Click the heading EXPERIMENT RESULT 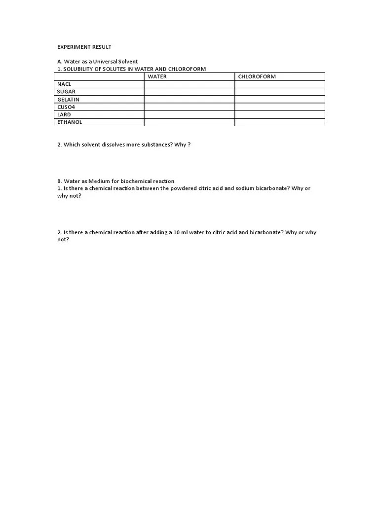(x=84, y=47)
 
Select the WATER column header (x=157, y=76)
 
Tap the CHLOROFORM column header (x=257, y=76)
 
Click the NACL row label (x=64, y=84)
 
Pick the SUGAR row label (x=66, y=92)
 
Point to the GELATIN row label (x=68, y=100)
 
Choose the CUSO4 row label (x=66, y=107)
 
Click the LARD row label (x=64, y=114)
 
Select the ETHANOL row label (x=70, y=122)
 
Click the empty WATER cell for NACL (x=189, y=84)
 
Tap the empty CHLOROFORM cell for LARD (x=279, y=114)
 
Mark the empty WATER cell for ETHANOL (x=189, y=122)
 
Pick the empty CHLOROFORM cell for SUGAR (x=279, y=92)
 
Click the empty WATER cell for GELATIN (x=189, y=100)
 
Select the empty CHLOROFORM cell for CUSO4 (x=279, y=107)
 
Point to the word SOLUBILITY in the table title (x=78, y=69)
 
